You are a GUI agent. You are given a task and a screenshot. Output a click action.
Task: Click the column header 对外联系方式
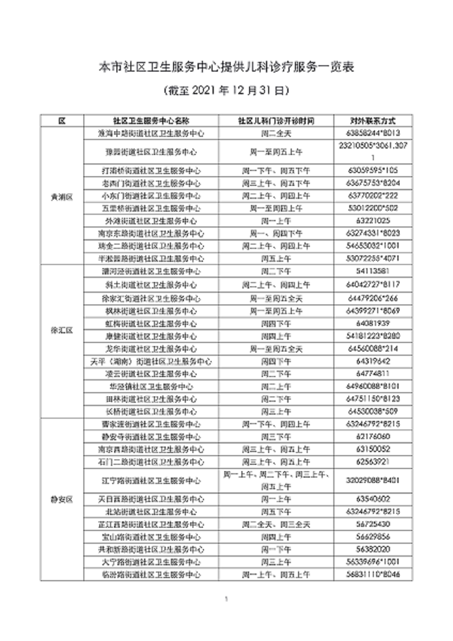tap(372, 121)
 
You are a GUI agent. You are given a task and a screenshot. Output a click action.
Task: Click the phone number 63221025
tap(372, 221)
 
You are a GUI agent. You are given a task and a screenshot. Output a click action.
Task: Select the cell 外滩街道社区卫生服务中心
tap(151, 221)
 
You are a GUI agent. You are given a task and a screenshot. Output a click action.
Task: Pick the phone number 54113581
tap(372, 271)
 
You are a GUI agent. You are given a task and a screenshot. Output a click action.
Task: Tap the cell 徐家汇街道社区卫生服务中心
tap(151, 298)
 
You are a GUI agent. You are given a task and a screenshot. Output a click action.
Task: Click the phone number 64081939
tap(372, 323)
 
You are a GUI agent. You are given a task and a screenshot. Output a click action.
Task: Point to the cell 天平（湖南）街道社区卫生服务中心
tap(151, 361)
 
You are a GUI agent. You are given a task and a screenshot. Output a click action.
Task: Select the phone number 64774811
tap(372, 373)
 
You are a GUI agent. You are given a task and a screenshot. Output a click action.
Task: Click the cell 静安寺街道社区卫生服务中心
tap(151, 437)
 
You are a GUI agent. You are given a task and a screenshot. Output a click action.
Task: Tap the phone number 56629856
tap(372, 537)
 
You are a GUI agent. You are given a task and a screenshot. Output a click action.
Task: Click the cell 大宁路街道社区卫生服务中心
tap(151, 562)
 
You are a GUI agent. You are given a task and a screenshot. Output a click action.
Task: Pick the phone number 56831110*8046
tap(372, 575)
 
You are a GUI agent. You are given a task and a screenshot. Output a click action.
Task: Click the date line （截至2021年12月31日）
tap(226, 91)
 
